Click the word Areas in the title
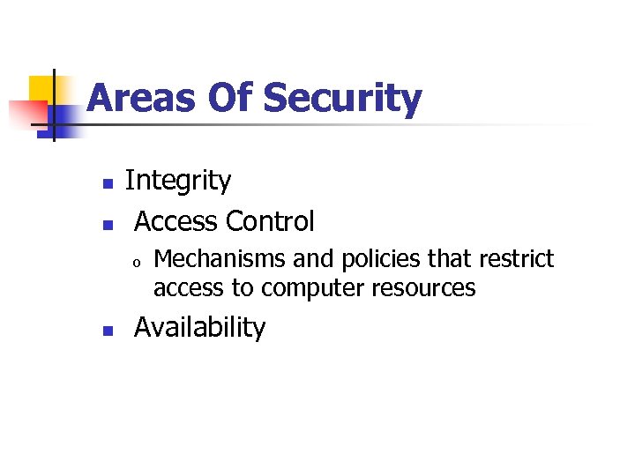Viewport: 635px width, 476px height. point(142,99)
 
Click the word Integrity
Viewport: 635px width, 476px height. point(178,181)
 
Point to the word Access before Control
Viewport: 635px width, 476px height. point(176,220)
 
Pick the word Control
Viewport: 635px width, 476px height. point(271,220)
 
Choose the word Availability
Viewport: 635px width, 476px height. point(199,328)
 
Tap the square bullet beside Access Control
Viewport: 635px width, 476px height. point(107,224)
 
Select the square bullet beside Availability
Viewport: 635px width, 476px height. point(107,331)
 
